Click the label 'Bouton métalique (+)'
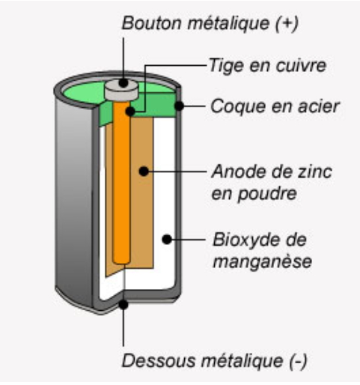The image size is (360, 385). coord(210,23)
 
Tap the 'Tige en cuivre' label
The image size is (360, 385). coord(267,65)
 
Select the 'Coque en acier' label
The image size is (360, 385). coord(275,106)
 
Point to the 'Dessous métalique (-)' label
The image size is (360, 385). coord(214,361)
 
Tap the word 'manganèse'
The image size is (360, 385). coord(263,261)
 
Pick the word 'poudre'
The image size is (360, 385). coord(267,194)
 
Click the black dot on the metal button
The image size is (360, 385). coord(123,82)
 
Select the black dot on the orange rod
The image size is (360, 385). coord(130,112)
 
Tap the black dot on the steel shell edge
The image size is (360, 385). coord(179,106)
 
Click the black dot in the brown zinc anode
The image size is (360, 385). coord(144,172)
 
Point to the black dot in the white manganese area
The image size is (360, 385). coord(167,240)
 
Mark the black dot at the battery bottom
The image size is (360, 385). coord(123,305)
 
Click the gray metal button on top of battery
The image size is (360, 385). coord(121,90)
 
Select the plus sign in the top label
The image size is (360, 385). coord(287,23)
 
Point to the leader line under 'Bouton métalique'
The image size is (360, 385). coord(123,58)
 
